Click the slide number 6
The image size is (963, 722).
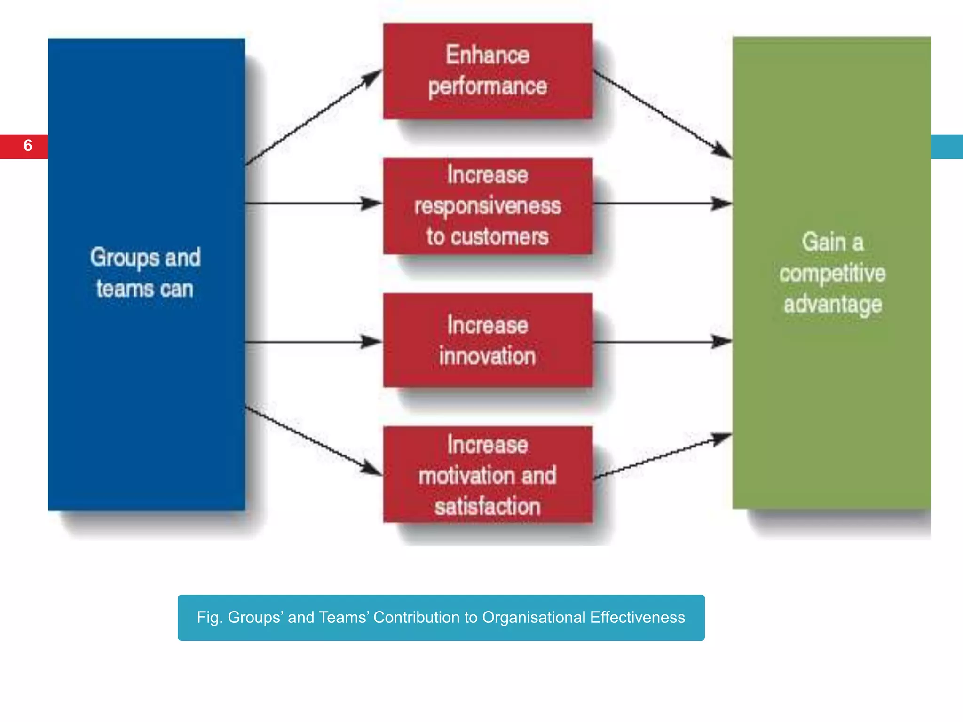tap(28, 146)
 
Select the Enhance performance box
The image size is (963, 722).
tap(488, 71)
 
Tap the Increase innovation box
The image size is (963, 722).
tap(488, 340)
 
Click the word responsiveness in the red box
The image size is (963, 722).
tap(488, 206)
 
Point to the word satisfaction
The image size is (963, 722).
tap(488, 507)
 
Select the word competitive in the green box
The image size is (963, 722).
tap(832, 274)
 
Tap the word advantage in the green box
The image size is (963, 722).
tap(832, 304)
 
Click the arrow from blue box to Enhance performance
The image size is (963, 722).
tap(313, 118)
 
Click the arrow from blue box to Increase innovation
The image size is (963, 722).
tap(313, 342)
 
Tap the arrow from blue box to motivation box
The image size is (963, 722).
tap(313, 441)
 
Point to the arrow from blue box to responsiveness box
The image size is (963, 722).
tap(313, 204)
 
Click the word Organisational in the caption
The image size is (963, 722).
tap(533, 617)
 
